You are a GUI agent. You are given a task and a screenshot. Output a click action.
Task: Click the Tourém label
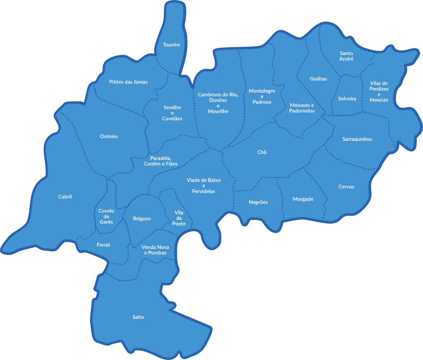(x=171, y=45)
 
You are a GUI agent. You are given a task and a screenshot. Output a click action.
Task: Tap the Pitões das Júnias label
(x=128, y=82)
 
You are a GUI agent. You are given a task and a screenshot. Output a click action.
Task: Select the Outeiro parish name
(x=109, y=136)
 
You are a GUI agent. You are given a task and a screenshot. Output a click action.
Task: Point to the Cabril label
(x=65, y=197)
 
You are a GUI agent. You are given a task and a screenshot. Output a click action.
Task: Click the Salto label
(x=138, y=317)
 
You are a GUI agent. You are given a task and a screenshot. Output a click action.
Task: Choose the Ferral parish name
(x=103, y=245)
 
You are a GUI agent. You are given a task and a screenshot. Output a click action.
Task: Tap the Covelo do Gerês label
(x=106, y=216)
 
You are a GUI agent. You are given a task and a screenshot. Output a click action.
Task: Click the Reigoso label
(x=142, y=218)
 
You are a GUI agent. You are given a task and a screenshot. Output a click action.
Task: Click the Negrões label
(x=258, y=202)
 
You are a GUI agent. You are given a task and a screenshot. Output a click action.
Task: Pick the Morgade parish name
(x=303, y=199)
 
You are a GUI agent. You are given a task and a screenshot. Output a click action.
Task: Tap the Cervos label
(x=346, y=187)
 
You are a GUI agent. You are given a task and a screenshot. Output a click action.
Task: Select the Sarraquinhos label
(x=357, y=139)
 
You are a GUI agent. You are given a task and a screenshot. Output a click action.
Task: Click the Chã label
(x=262, y=152)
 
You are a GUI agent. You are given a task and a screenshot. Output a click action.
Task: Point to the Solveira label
(x=347, y=99)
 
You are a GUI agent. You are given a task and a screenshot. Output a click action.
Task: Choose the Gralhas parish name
(x=318, y=79)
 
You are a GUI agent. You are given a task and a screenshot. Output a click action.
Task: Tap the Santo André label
(x=347, y=56)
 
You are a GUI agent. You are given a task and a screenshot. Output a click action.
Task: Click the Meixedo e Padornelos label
(x=302, y=108)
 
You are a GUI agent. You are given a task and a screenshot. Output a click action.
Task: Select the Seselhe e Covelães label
(x=173, y=113)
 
